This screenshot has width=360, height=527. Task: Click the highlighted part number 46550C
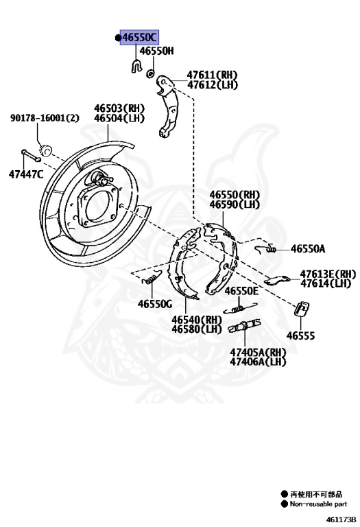pos(139,37)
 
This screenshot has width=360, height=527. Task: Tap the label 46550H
pos(157,51)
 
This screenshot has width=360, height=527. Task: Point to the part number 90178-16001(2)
pos(45,118)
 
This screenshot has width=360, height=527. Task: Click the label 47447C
pos(26,174)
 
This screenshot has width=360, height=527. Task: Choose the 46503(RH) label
pos(120,108)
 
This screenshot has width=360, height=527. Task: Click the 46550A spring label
pos(308,249)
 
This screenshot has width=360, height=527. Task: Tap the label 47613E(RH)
pos(328,273)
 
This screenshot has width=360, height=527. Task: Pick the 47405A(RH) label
pos(258,352)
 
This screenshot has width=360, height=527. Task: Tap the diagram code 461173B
pos(341,519)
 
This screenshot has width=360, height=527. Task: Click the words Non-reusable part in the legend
pos(318,503)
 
